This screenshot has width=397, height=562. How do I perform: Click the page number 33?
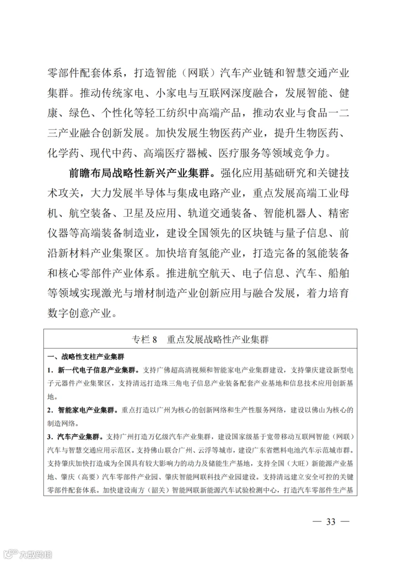tap(331, 521)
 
